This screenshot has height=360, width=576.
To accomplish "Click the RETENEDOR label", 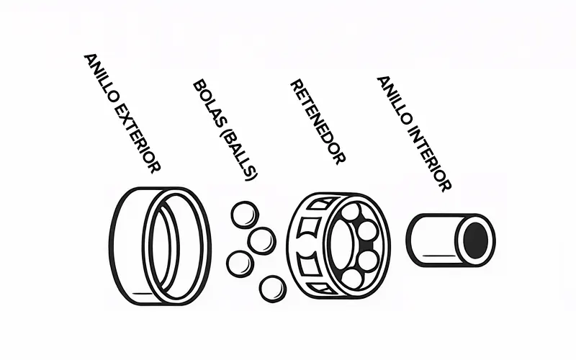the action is coord(318,122).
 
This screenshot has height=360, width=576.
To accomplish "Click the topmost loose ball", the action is coord(245,215).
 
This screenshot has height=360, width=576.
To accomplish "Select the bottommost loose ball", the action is coord(273,289).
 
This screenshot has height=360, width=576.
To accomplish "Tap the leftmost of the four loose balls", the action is coord(240,264).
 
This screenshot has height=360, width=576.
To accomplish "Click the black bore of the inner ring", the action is coord(476,240).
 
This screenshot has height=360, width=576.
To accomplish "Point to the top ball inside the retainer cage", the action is coord(351,212).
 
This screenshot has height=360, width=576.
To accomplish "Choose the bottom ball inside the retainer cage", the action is coord(351,279).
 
